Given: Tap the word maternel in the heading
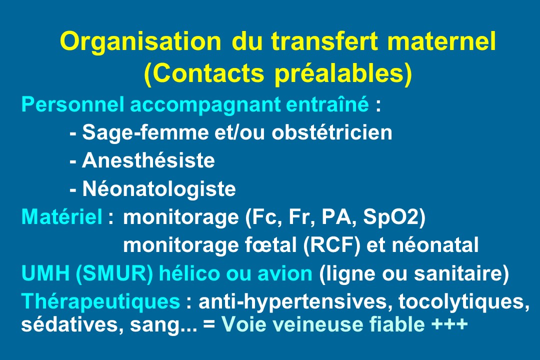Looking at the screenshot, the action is [441, 41].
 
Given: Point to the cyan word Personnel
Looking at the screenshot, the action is [72, 104].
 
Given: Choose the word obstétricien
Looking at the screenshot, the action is [332, 132].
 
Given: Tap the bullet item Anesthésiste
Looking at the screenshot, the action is [148, 160].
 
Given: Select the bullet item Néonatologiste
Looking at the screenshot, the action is [159, 189].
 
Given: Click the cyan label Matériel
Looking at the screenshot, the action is [62, 216].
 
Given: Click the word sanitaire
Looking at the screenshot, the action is [457, 273].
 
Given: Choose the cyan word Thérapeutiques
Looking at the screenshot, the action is [100, 302].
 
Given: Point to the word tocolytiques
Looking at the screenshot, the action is [463, 302].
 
